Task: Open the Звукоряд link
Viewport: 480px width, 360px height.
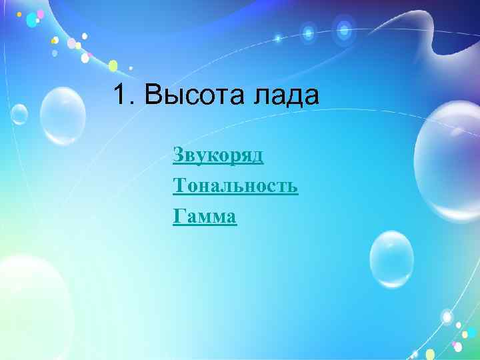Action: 218,155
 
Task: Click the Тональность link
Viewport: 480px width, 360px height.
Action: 235,186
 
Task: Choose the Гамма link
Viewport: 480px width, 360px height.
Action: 204,216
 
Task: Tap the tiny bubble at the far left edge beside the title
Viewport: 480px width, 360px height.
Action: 18,114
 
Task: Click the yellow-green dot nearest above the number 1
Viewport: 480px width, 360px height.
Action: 113,65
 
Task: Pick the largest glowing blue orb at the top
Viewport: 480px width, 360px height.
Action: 344,29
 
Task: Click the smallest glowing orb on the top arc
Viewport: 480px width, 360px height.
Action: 279,38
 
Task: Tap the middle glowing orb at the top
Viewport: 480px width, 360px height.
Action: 308,32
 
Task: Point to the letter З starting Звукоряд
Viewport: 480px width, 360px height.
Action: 178,155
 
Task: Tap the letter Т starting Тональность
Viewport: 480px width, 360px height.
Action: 179,186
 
